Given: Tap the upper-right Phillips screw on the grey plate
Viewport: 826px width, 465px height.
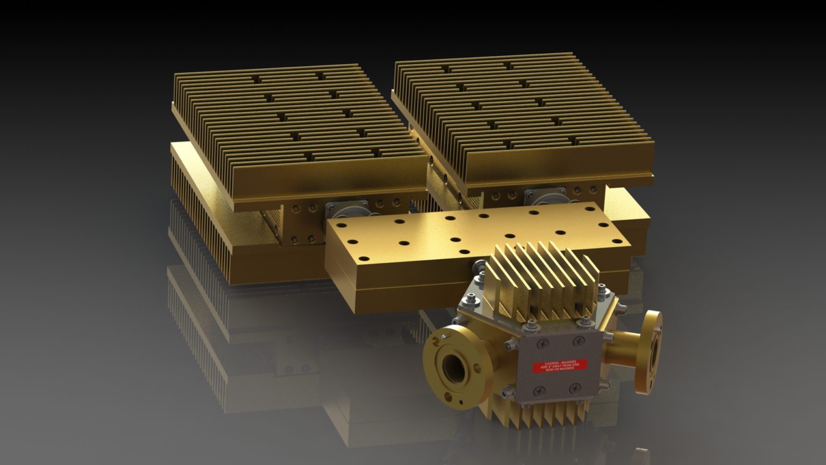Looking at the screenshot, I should coord(579,340).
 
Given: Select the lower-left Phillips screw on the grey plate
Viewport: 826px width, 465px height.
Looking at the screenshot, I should coord(538,391).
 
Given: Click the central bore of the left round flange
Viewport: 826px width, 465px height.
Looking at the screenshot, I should coord(450,367).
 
